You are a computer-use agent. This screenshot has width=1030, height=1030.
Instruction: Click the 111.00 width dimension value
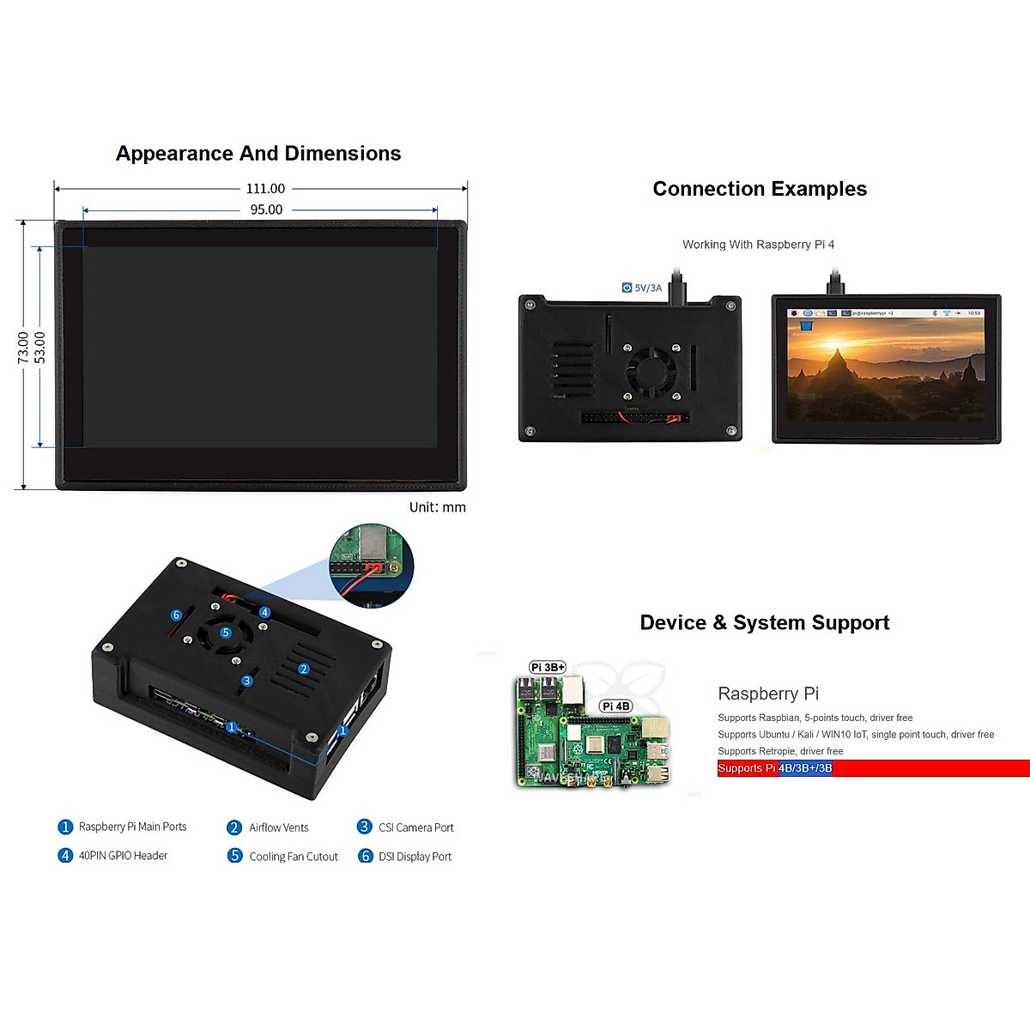(265, 189)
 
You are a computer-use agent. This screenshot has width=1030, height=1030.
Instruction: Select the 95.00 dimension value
(266, 209)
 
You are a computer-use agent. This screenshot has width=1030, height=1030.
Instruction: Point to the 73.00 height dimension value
(24, 348)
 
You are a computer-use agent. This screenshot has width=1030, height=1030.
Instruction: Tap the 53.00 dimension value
(40, 348)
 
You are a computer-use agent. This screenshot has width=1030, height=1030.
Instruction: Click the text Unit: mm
(437, 507)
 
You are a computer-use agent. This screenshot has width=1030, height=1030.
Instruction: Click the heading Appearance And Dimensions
(258, 154)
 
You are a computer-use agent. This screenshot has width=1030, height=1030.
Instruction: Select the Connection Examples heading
(760, 189)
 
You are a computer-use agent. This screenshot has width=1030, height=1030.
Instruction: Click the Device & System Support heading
(764, 622)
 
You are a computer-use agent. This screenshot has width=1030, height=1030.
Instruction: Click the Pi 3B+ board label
(548, 667)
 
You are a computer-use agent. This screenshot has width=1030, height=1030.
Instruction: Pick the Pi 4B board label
(615, 706)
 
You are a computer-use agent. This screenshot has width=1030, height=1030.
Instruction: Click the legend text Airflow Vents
(278, 827)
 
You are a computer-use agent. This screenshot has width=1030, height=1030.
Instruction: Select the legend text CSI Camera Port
(415, 827)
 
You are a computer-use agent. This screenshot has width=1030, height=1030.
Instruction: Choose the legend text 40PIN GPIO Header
(123, 856)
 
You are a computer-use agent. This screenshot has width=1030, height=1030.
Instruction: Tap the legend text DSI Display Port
(415, 857)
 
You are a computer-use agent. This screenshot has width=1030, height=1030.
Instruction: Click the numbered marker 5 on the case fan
(226, 633)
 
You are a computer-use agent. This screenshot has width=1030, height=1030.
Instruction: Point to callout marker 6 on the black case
(176, 615)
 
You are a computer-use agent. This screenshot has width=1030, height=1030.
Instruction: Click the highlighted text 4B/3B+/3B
(805, 768)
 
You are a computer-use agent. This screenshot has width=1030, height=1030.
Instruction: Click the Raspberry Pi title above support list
(768, 694)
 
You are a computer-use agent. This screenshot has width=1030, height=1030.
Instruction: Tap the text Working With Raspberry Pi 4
(758, 245)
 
